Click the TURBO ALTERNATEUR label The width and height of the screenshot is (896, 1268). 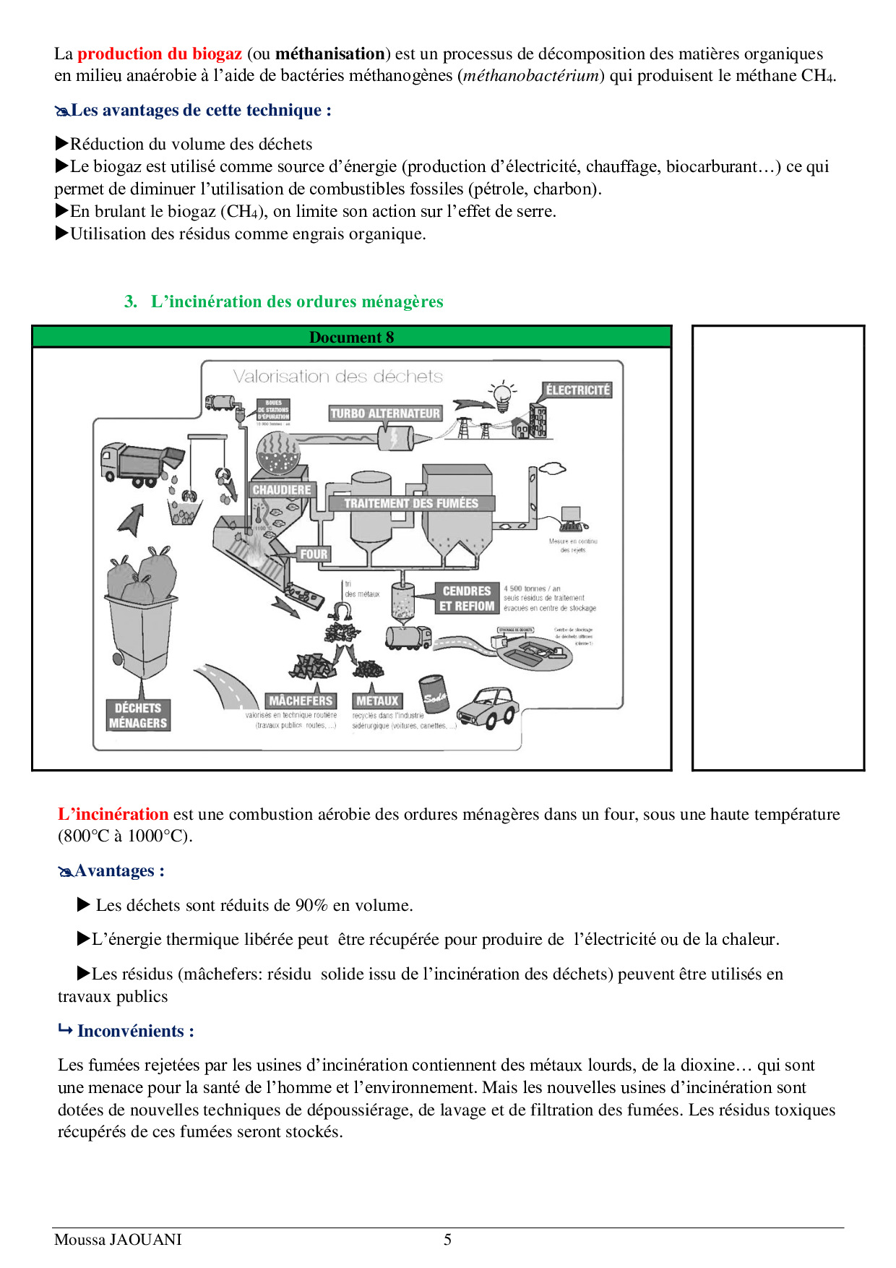(385, 414)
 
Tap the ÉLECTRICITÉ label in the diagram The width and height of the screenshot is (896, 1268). (578, 390)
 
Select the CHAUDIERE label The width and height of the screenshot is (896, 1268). (282, 489)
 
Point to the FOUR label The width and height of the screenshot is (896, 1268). (314, 554)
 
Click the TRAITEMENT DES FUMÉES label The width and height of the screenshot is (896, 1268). (411, 503)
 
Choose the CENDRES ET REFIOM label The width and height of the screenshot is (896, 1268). (467, 599)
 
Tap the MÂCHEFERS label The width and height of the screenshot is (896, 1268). (301, 701)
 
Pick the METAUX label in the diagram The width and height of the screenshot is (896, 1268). (377, 701)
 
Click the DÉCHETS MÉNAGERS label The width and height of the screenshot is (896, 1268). (138, 716)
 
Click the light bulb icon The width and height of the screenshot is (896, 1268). (502, 395)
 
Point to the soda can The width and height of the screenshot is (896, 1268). (434, 695)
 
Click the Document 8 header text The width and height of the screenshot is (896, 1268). (352, 338)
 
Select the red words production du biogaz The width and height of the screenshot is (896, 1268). (160, 53)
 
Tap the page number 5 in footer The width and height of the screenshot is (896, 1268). (447, 1240)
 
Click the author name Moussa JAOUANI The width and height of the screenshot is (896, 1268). (118, 1240)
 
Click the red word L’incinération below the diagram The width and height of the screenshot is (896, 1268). (113, 814)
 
